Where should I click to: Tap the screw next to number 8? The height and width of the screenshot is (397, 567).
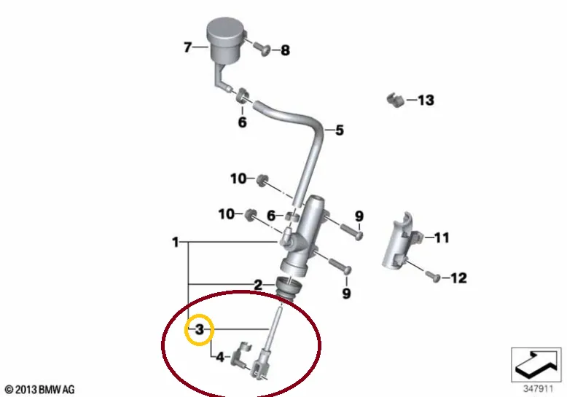pos(262,49)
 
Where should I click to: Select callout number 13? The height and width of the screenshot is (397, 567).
pos(426,100)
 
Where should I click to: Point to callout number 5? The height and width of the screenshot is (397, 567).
pos(339,130)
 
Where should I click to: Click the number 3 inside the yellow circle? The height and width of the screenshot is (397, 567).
pos(200,329)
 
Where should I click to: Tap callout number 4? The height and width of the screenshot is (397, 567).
pos(220,357)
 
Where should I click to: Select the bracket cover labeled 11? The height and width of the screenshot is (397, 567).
pos(402,240)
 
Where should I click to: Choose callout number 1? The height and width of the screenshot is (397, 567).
pos(176,242)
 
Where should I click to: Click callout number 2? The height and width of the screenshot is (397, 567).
pos(258,285)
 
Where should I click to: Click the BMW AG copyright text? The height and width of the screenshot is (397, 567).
pos(40,390)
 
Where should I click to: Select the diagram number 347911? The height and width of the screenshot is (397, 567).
pos(539,389)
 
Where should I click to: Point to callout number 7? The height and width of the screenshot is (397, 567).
pos(187,47)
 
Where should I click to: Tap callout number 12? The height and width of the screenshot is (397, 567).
pos(458,278)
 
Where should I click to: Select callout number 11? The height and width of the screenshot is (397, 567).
pos(442,237)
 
